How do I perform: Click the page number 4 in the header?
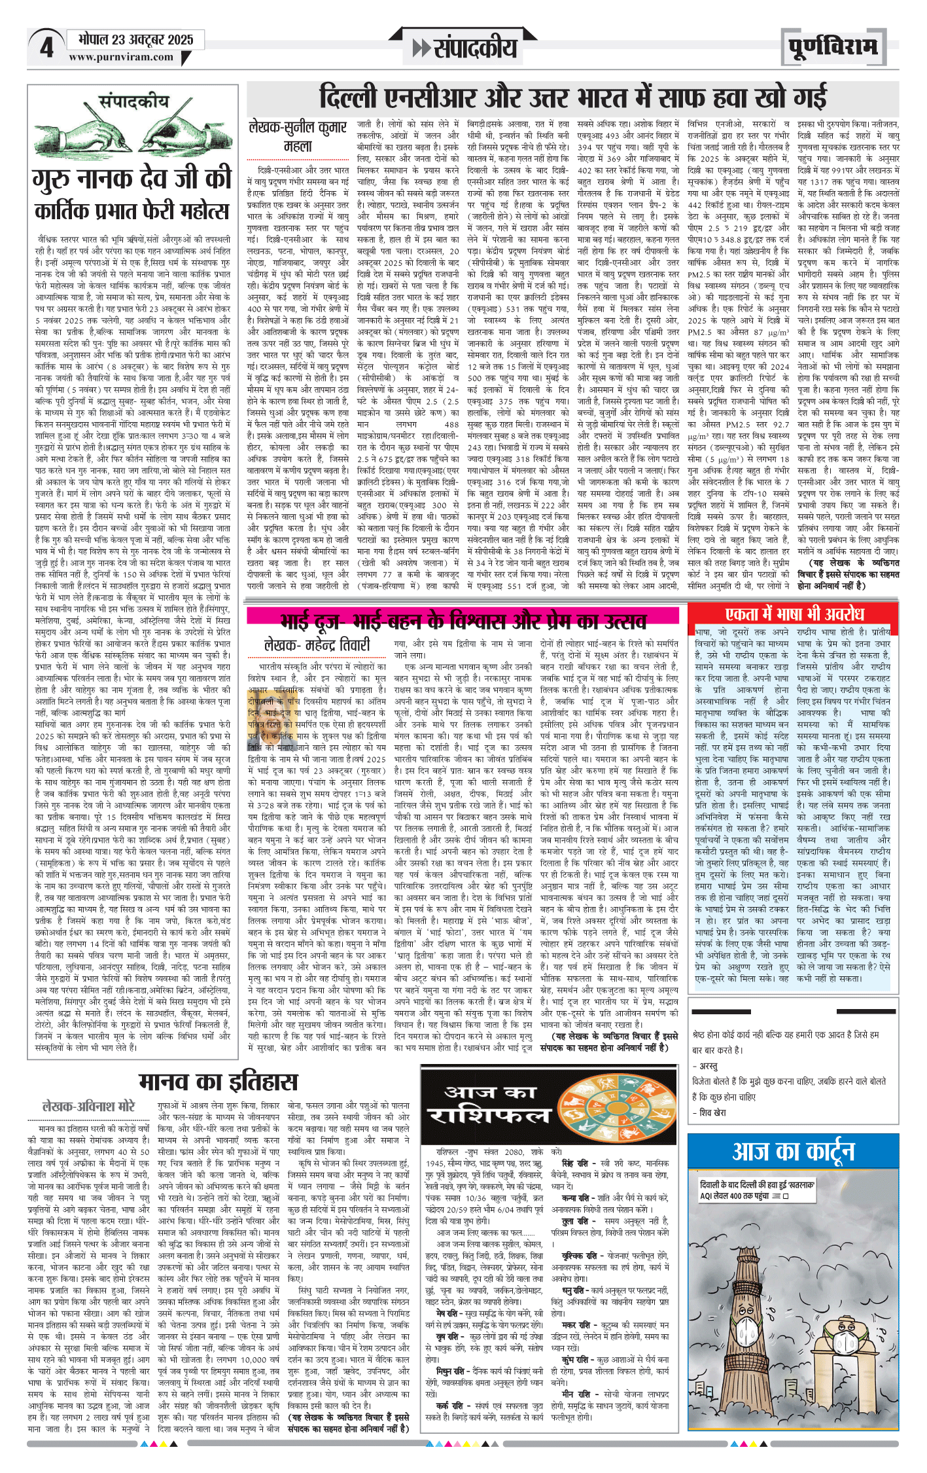point(46,48)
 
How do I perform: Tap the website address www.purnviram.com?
point(121,57)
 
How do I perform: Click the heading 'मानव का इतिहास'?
point(219,1081)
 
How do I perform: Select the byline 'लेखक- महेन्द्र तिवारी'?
point(317,645)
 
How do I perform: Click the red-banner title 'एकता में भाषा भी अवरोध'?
point(794,613)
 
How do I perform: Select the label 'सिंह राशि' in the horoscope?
point(576,1163)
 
